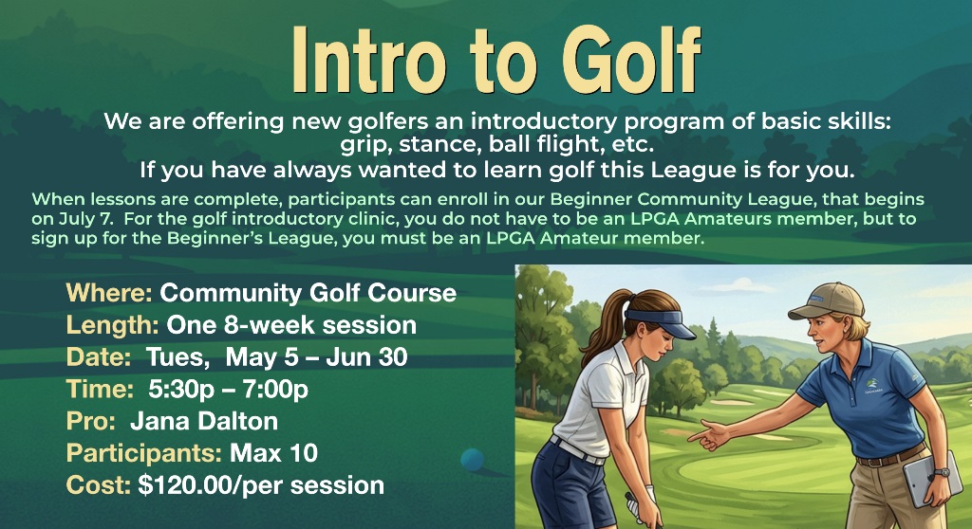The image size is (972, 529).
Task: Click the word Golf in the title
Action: tap(631, 60)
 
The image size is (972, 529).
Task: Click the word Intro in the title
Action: tap(369, 60)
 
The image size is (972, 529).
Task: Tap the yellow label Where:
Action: tap(109, 292)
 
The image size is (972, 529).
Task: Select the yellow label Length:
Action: tap(112, 325)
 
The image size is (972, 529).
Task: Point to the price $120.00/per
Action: tap(211, 485)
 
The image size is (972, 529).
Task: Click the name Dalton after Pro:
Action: tap(238, 421)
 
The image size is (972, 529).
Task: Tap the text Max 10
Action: tap(273, 453)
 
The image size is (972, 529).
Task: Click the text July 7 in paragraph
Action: tap(86, 219)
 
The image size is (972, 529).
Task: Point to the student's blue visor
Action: tap(662, 323)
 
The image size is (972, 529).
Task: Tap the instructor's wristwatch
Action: tap(942, 473)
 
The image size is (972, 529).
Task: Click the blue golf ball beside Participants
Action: tap(473, 460)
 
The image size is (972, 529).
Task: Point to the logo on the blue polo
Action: tap(874, 387)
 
